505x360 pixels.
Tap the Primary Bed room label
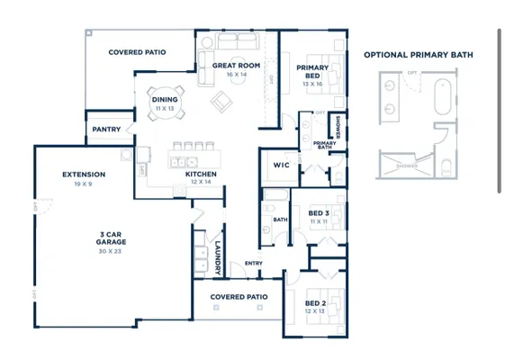pos(312,71)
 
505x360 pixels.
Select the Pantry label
pos(107,130)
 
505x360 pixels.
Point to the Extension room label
pos(84,175)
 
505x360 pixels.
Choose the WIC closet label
pos(280,166)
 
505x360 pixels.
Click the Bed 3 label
pos(317,213)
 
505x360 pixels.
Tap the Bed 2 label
pos(315,302)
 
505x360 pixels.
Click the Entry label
pos(254,263)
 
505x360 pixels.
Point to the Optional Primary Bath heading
pos(418,55)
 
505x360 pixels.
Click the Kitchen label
pos(200,174)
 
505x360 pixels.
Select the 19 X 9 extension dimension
pos(84,184)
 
